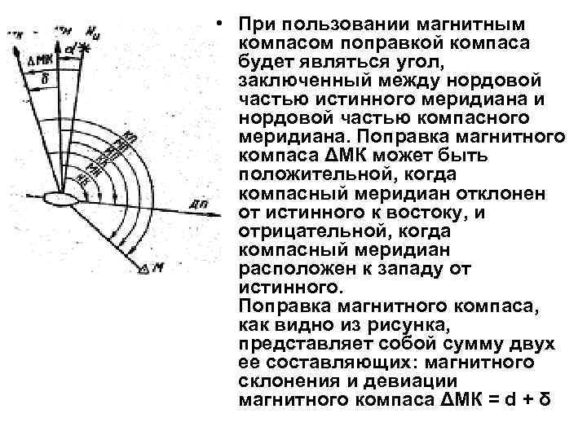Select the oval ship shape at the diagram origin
coord(60,198)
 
